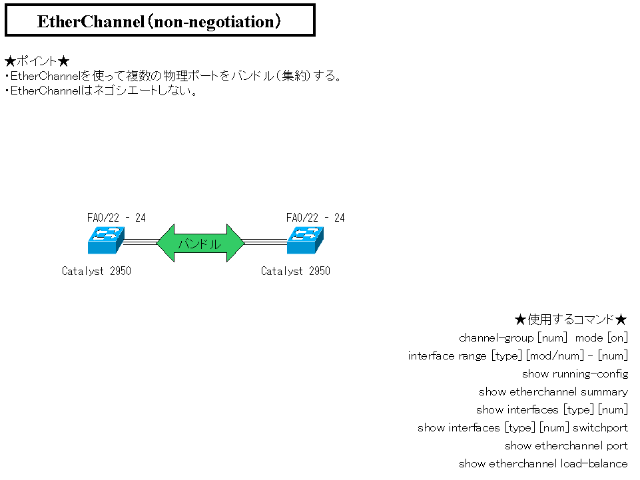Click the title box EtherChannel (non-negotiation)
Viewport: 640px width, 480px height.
pos(160,21)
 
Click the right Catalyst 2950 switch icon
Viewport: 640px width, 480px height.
pos(305,240)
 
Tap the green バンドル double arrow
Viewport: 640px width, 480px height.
pos(200,243)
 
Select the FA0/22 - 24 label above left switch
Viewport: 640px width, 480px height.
pos(116,218)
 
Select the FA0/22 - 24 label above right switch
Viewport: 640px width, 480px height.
pos(315,218)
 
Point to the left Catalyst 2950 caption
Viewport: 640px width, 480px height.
pos(96,271)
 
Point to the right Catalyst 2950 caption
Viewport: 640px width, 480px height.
pos(295,271)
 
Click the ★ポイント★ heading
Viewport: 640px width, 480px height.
pos(37,61)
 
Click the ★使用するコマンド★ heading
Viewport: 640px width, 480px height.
pos(571,320)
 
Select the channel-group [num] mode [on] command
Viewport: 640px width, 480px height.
pos(543,338)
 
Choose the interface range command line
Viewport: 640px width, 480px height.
pos(517,356)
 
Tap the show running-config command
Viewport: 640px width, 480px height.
pos(575,374)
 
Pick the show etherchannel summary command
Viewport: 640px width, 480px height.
pos(553,392)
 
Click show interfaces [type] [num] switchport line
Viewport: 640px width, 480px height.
pos(522,428)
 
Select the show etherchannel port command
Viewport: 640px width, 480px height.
pos(566,446)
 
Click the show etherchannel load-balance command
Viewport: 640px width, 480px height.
pos(543,464)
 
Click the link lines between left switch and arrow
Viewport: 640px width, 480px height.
pos(139,242)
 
